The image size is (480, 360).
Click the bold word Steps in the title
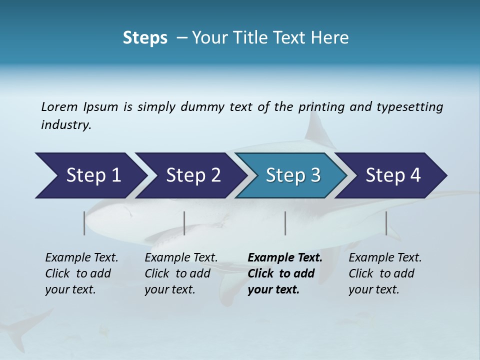[145, 38]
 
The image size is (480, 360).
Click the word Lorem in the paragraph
[59, 107]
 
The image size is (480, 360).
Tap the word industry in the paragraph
[65, 125]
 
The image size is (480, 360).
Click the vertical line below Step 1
[84, 223]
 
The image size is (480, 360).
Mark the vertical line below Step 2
[184, 223]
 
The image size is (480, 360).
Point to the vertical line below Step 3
[285, 223]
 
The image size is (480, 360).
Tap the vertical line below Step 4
[386, 223]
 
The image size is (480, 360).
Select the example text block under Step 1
[81, 273]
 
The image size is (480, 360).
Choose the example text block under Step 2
[181, 273]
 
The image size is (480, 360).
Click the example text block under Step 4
[385, 273]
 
